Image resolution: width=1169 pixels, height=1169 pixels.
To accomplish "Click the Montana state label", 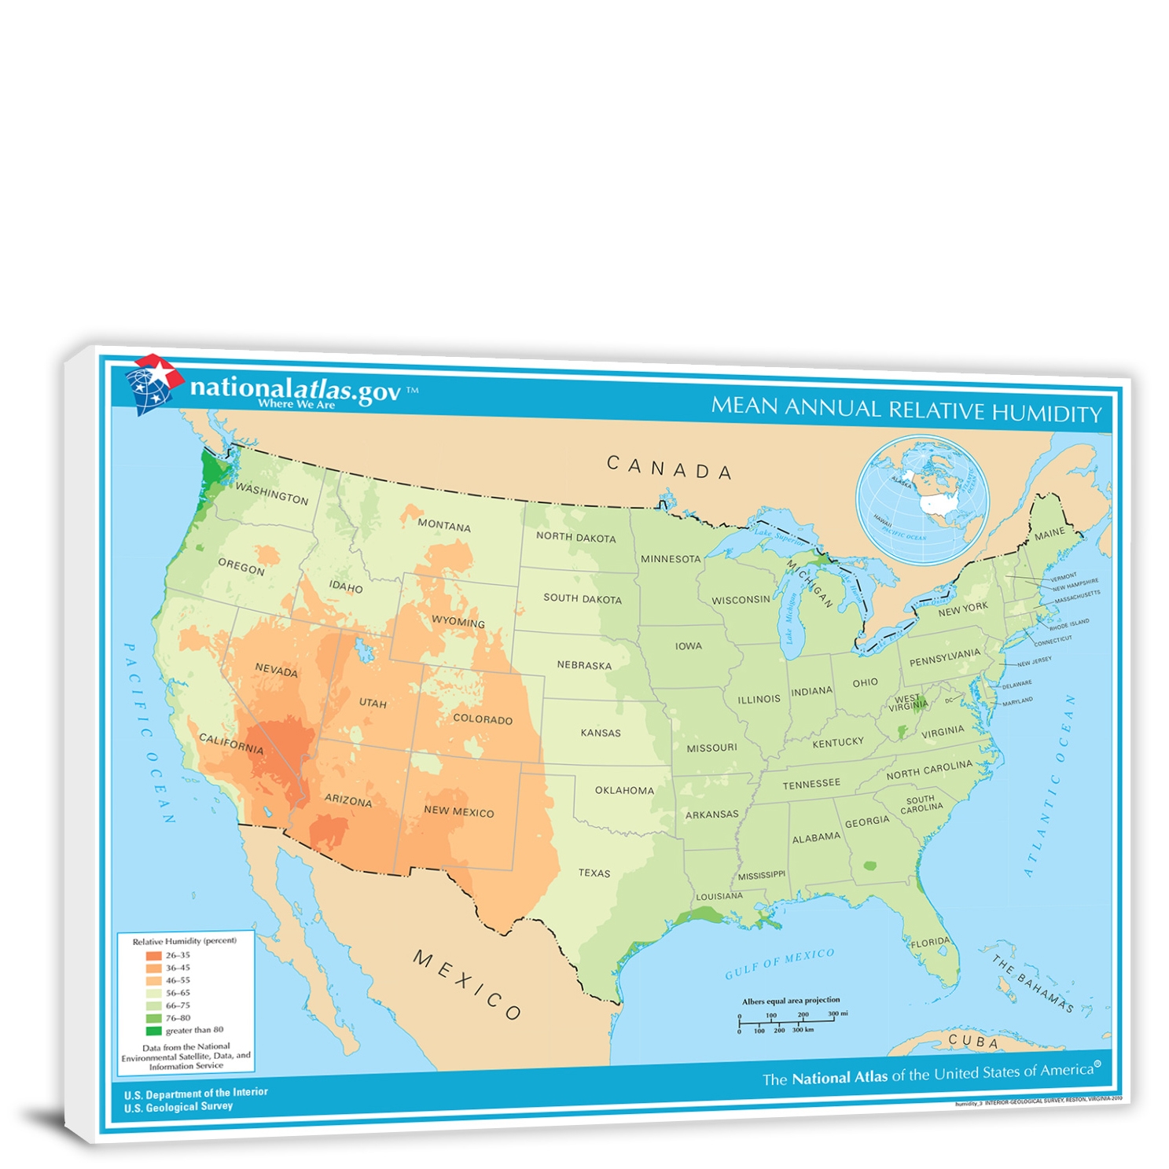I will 443,525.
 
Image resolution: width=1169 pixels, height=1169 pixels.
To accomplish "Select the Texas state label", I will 594,873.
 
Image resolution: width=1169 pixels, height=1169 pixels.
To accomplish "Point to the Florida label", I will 930,942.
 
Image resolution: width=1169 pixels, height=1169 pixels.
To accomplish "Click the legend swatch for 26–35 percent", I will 153,955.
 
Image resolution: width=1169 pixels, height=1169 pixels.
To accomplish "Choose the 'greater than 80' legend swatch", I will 153,1030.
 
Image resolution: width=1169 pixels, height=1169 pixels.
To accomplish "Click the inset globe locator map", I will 922,500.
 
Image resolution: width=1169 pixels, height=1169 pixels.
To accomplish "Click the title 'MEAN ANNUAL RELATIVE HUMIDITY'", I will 906,410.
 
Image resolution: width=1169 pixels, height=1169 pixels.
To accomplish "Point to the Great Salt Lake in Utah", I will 364,650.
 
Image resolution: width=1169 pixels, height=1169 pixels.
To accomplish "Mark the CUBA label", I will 973,1042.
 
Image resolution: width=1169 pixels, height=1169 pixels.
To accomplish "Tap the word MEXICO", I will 467,984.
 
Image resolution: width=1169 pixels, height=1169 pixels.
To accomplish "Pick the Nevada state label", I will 276,670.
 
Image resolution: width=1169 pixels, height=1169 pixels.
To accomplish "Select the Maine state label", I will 1049,535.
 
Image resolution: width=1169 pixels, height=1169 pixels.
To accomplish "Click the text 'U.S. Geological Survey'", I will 178,1106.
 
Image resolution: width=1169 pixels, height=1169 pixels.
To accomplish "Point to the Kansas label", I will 600,733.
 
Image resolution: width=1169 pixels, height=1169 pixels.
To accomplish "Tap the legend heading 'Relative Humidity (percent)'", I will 184,941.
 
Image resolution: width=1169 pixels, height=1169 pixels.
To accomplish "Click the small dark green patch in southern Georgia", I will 869,866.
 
